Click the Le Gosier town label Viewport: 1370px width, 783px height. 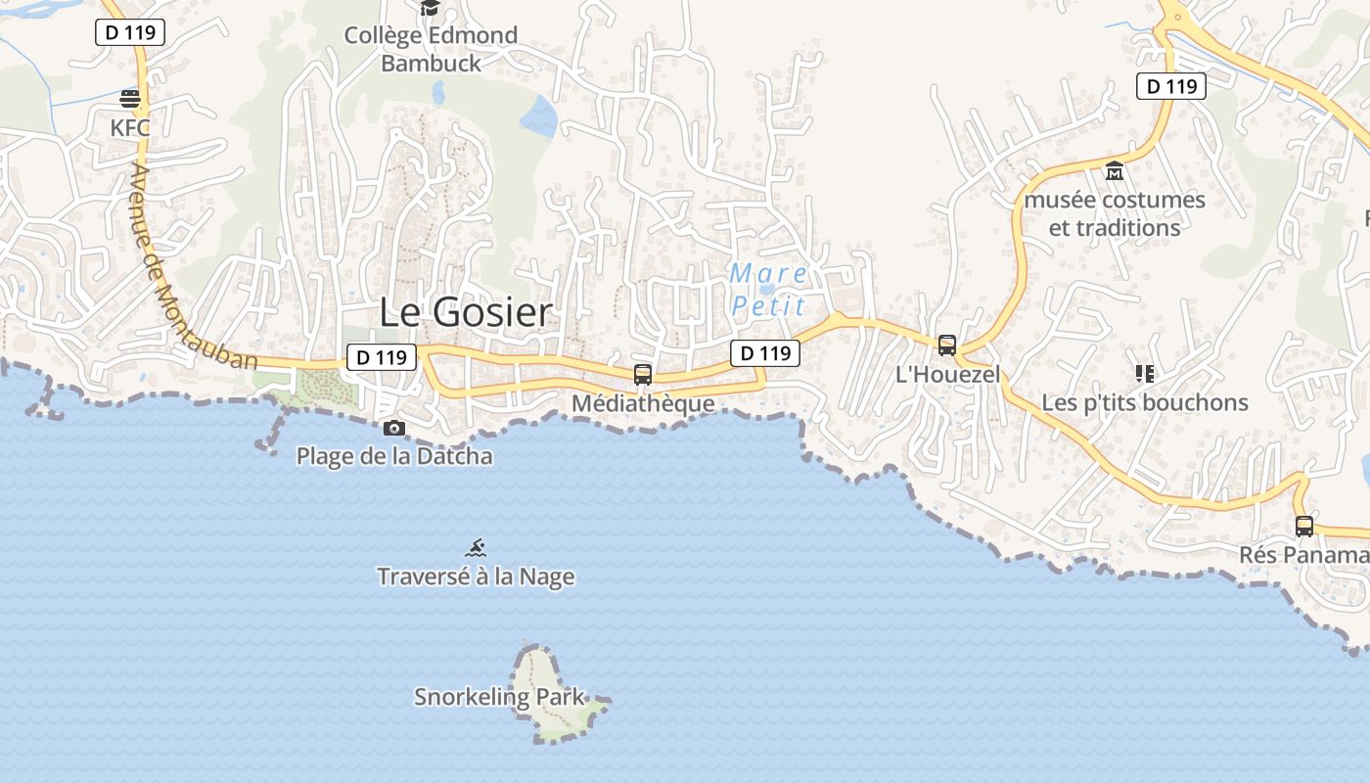466,313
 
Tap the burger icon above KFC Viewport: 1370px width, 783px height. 130,98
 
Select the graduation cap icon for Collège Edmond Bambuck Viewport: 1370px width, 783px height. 430,9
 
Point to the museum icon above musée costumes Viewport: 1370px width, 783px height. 1114,171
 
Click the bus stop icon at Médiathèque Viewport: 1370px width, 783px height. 643,374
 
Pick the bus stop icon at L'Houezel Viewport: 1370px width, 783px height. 946,345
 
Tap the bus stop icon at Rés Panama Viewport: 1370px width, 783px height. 1304,526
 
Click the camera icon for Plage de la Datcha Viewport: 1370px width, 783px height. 394,428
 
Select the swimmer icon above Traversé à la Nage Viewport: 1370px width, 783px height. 476,548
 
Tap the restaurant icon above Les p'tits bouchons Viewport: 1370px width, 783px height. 1144,373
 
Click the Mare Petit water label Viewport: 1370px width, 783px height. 768,290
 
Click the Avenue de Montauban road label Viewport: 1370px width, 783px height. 192,266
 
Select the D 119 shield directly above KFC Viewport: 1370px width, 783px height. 130,32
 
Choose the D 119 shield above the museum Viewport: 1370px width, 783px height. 1170,86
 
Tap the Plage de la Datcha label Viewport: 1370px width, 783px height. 394,456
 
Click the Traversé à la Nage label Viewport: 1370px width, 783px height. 476,576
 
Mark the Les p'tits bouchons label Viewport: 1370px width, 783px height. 1144,402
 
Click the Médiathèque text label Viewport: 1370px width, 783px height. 643,403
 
